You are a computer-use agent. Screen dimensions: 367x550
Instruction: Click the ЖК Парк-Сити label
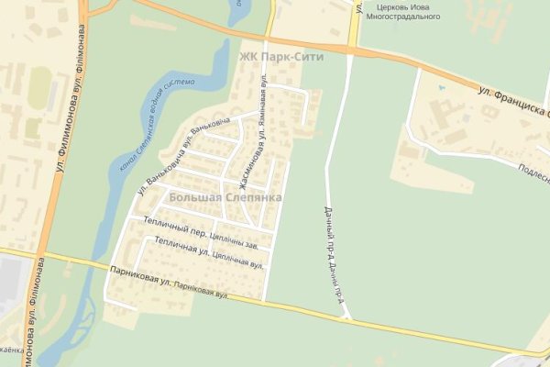275,57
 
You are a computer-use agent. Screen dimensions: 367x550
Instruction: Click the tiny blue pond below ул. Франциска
441,89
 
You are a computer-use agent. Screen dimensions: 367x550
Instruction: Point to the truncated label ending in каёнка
11,350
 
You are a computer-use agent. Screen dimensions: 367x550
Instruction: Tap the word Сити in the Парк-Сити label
297,57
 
